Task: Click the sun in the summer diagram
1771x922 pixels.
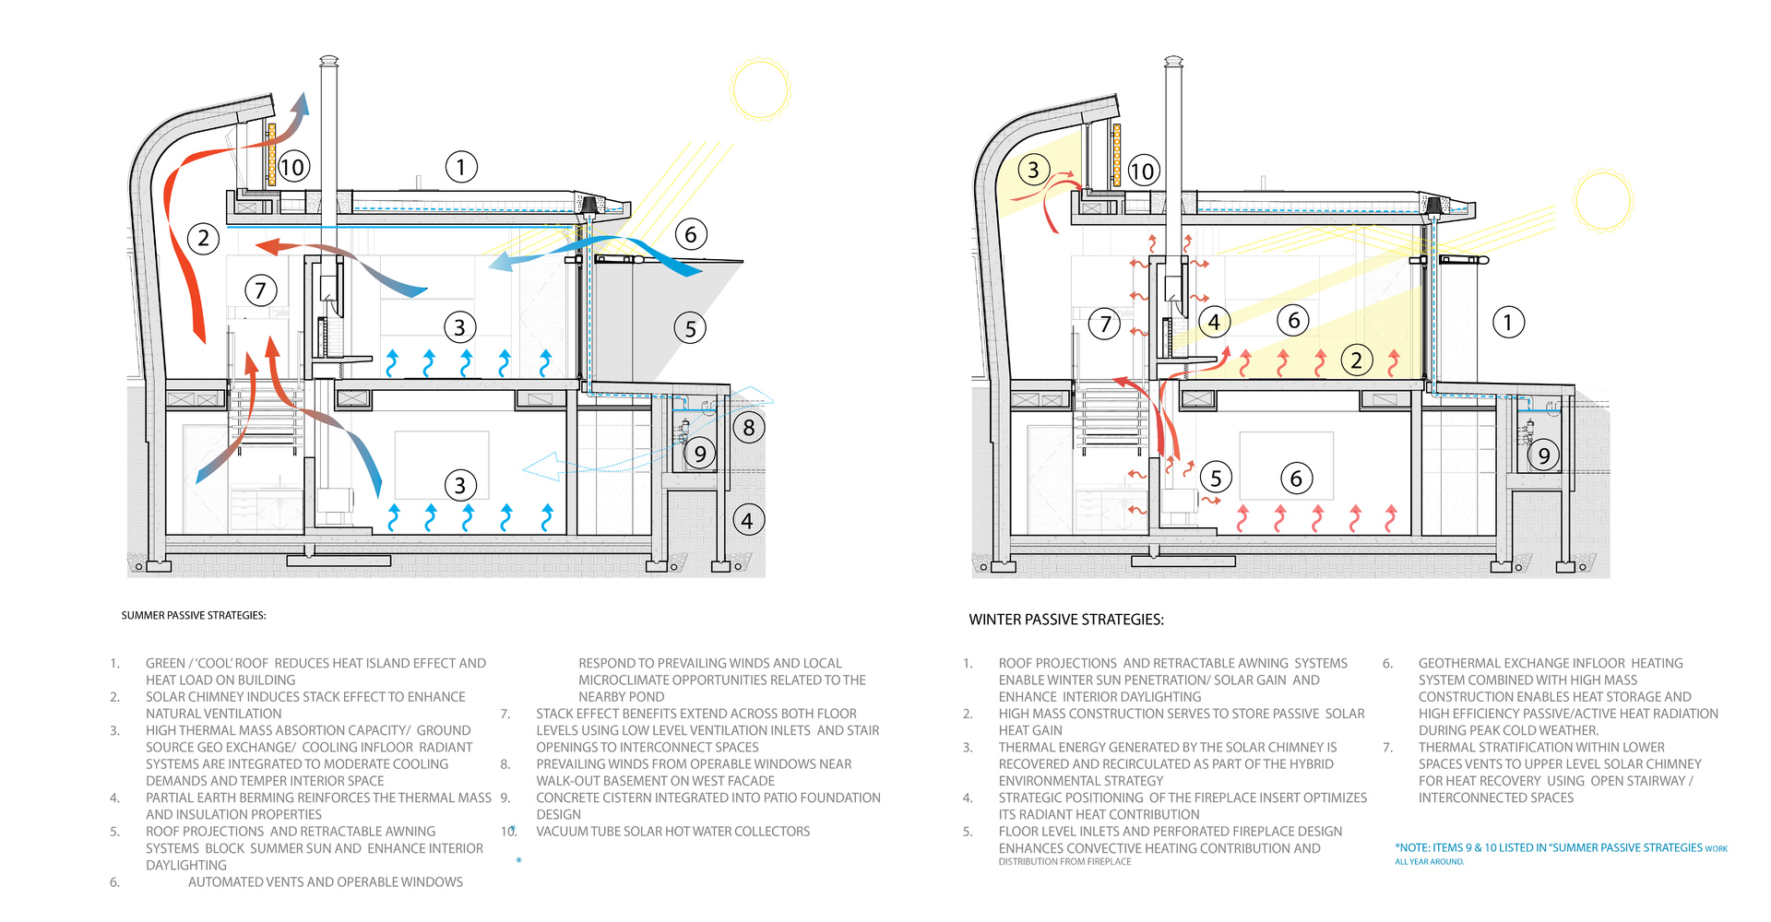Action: [760, 89]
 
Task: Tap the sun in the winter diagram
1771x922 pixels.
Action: [1603, 200]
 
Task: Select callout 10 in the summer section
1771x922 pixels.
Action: [292, 167]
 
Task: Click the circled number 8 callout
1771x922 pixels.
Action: [748, 428]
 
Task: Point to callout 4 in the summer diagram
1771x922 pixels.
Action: [747, 521]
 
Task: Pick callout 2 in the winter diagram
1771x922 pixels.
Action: [1356, 361]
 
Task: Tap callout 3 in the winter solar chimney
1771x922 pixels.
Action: [1033, 170]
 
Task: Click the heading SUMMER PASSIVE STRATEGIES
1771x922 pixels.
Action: [194, 616]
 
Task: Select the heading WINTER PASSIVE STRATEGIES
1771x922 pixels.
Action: [1066, 620]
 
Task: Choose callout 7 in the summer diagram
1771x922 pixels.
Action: [260, 291]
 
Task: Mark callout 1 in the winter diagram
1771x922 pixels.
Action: [1508, 323]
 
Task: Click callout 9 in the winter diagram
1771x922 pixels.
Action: [1543, 455]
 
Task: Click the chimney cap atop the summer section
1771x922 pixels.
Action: [329, 62]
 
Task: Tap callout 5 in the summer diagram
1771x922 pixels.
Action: [690, 329]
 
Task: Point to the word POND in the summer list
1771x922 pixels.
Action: [646, 697]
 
